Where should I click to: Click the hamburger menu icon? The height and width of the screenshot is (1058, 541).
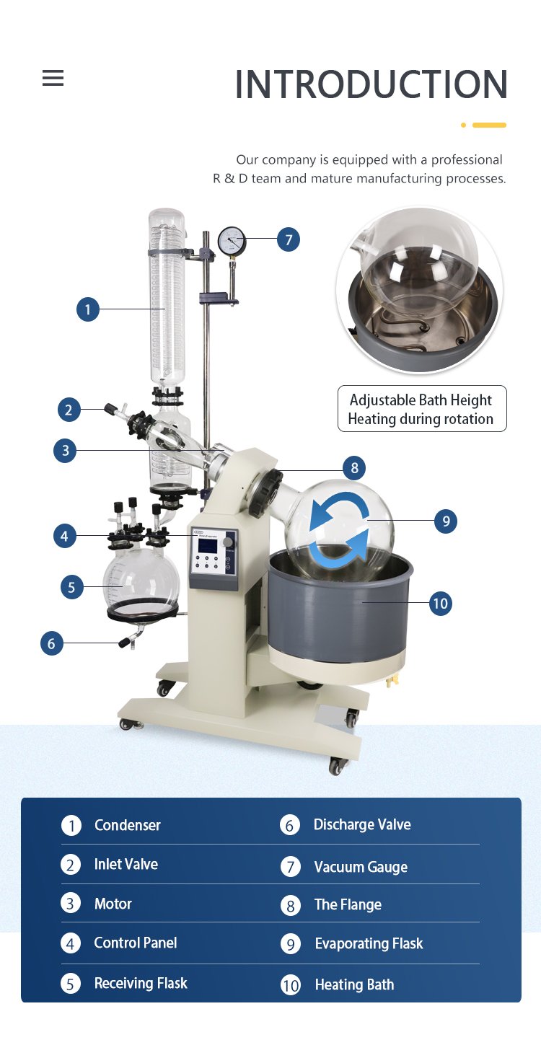coord(53,78)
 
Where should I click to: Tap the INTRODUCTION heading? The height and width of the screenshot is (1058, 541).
coord(371,84)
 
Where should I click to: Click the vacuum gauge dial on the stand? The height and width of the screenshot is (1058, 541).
coord(232,240)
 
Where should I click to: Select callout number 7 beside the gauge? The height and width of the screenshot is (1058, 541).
coord(289,239)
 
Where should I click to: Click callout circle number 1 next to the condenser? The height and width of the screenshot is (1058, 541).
coord(88,309)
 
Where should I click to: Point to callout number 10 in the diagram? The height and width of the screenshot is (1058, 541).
coord(440,604)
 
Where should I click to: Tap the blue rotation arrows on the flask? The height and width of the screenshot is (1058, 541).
coord(339,530)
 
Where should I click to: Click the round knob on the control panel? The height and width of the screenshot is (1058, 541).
coord(228,542)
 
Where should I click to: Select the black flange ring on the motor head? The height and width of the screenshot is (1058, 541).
coord(265,493)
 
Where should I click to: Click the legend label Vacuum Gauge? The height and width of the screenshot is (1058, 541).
coord(361,867)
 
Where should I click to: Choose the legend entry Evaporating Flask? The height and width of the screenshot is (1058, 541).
coord(369,943)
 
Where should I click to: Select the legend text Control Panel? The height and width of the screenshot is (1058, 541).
coord(136,943)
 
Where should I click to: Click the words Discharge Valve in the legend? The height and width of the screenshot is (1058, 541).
coord(362,824)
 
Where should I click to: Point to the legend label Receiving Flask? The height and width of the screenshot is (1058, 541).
coord(141,983)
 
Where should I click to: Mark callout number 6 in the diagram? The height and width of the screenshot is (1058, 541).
coord(51,643)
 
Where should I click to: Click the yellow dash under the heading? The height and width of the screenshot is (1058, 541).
coord(489,125)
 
